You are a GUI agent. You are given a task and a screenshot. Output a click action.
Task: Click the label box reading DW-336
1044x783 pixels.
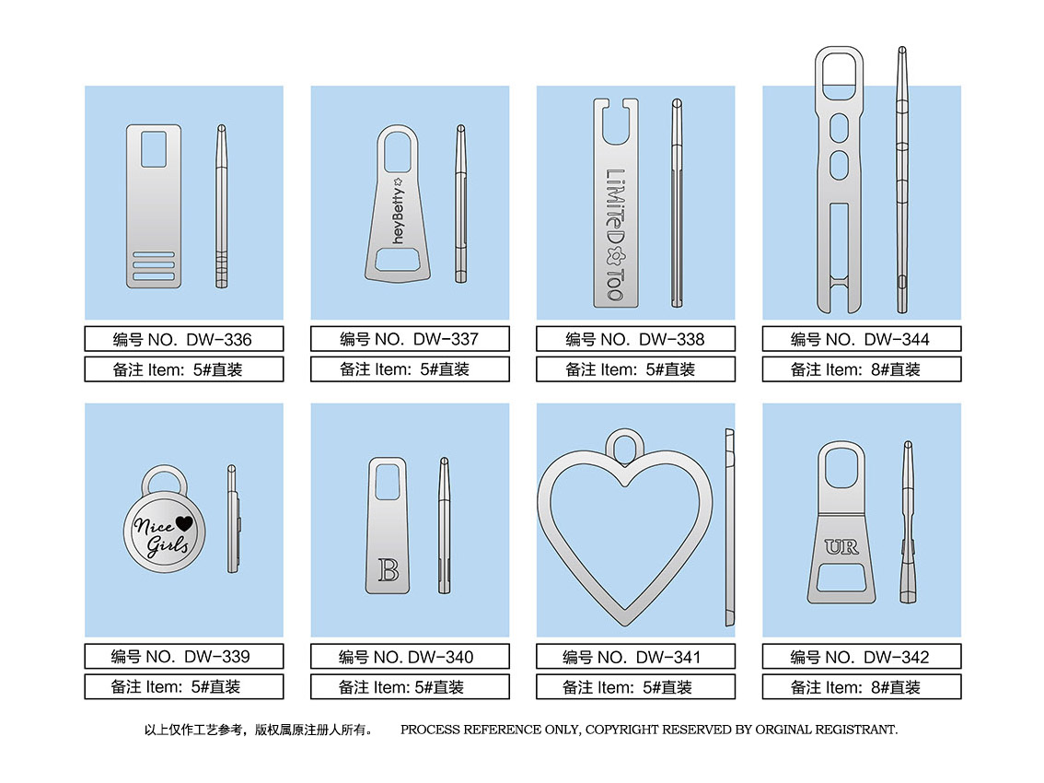(184, 338)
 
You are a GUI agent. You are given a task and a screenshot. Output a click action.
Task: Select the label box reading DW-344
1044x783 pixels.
(862, 338)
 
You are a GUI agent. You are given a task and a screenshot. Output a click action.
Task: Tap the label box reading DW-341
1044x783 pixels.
(636, 657)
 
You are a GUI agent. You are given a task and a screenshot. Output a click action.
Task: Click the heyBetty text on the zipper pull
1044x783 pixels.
(398, 211)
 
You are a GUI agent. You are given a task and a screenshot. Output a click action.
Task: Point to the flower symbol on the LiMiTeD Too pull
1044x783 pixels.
(615, 256)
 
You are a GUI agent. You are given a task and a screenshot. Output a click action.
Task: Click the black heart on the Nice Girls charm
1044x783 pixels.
(184, 524)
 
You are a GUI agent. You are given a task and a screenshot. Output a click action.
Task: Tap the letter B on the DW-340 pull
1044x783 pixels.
(389, 570)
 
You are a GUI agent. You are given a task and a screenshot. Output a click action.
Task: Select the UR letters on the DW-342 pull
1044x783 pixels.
(841, 547)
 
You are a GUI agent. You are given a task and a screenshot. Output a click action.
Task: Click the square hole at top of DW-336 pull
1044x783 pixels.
(154, 149)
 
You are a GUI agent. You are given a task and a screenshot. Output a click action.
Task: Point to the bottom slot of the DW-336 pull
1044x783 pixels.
(154, 276)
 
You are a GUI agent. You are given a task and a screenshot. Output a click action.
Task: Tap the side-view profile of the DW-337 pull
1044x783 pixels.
(460, 204)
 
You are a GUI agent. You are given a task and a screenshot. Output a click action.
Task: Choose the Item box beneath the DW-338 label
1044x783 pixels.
(636, 369)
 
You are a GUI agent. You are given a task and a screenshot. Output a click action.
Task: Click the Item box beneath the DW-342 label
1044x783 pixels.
(862, 687)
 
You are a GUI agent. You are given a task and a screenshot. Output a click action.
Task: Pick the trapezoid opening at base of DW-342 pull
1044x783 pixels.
(841, 578)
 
